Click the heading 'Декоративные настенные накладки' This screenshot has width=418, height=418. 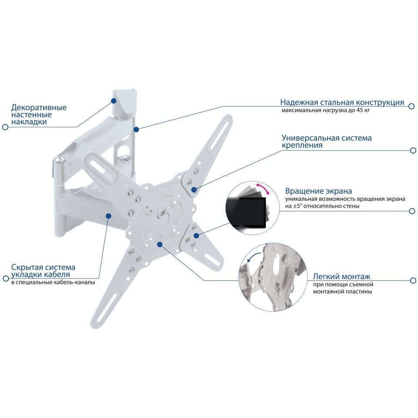(x=39, y=115)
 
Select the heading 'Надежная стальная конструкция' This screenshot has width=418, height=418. (x=342, y=103)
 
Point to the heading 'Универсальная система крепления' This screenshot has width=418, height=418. (x=326, y=142)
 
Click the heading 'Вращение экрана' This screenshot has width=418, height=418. (x=318, y=191)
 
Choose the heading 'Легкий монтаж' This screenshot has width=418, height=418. (x=341, y=276)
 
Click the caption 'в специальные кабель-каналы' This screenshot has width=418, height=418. (x=53, y=282)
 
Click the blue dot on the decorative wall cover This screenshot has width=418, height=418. (x=114, y=101)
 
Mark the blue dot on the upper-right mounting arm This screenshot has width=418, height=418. (x=193, y=190)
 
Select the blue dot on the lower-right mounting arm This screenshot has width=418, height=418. (x=196, y=236)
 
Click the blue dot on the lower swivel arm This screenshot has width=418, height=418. (x=108, y=216)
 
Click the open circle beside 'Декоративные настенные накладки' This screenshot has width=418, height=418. (x=5, y=127)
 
